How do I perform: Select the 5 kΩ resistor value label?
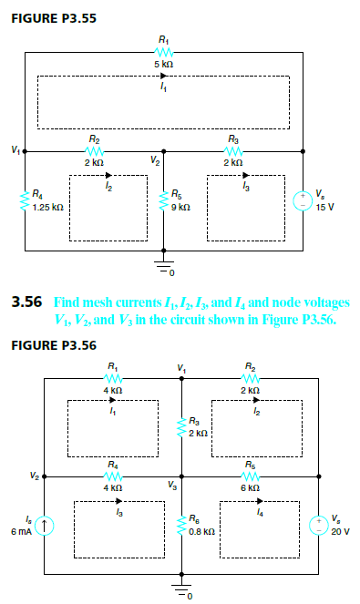(163, 66)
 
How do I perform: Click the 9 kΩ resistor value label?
(180, 208)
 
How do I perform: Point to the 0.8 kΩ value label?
(203, 529)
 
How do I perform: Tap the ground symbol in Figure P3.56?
(181, 589)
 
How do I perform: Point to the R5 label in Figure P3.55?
(178, 194)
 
